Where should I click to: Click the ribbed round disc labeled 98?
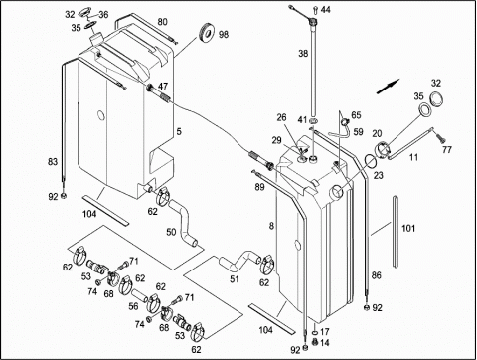tap(207, 33)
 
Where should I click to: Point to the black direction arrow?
tap(389, 87)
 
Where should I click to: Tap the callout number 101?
tap(408, 228)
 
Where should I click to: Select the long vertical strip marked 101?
tap(396, 232)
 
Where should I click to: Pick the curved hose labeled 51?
tap(239, 260)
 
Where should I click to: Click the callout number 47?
tap(163, 87)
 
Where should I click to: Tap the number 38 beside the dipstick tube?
tap(303, 53)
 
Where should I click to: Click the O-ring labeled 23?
tap(370, 161)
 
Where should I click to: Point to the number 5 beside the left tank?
tap(179, 132)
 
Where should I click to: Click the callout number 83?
tap(53, 162)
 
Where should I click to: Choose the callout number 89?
tap(259, 187)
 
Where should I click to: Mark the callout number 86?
tap(377, 275)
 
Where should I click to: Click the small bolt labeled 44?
tap(315, 10)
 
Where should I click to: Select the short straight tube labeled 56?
tap(138, 294)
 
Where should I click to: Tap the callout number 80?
tap(162, 22)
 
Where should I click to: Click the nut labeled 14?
tap(315, 343)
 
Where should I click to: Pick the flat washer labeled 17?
tap(315, 333)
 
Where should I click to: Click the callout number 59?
tap(358, 132)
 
